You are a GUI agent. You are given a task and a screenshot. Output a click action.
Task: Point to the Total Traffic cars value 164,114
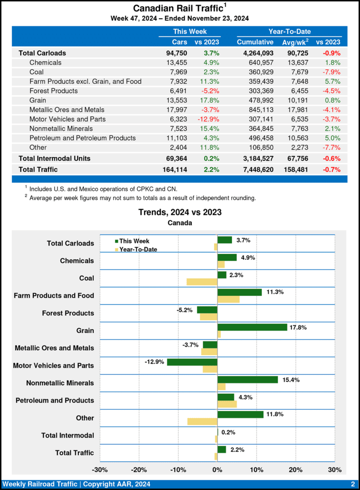pyautogui.click(x=174, y=169)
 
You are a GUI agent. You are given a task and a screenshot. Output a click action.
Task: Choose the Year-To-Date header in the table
pyautogui.click(x=289, y=32)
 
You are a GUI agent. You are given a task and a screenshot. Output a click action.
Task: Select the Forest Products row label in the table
pyautogui.click(x=54, y=91)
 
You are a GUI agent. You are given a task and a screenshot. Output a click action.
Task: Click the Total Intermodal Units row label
pyautogui.click(x=55, y=158)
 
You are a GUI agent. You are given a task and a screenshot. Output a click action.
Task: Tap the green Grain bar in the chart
pyautogui.click(x=252, y=327)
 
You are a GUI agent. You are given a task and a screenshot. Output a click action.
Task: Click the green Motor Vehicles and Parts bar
pyautogui.click(x=192, y=362)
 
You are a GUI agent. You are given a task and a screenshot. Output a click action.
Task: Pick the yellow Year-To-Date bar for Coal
pyautogui.click(x=202, y=282)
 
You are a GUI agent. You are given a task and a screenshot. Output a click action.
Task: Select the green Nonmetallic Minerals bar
pyautogui.click(x=247, y=379)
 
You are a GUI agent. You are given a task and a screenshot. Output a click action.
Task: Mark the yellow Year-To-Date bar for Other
pyautogui.click(x=202, y=422)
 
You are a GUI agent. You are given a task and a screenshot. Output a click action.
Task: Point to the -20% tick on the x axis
pyautogui.click(x=139, y=469)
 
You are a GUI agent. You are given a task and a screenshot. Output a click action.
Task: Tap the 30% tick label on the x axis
pyautogui.click(x=335, y=469)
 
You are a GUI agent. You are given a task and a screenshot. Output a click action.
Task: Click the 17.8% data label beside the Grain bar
pyautogui.click(x=298, y=328)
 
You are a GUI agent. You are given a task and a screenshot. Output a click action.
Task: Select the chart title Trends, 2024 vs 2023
pyautogui.click(x=180, y=212)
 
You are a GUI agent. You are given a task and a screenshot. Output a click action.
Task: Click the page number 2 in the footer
pyautogui.click(x=352, y=484)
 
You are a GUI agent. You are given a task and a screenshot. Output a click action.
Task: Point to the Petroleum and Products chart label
pyautogui.click(x=55, y=400)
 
